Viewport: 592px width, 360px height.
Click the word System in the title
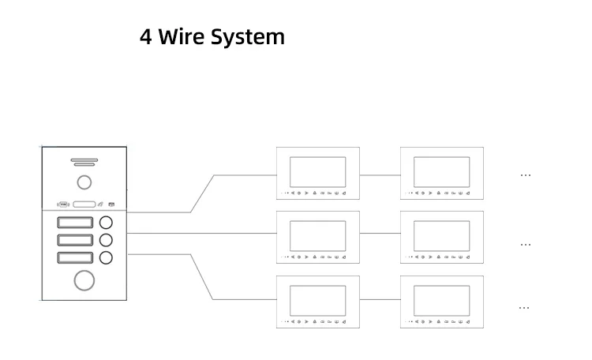click(x=248, y=37)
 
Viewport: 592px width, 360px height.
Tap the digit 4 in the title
click(x=146, y=36)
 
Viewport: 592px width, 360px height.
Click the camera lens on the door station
click(x=83, y=183)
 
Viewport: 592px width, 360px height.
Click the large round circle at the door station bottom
click(x=84, y=279)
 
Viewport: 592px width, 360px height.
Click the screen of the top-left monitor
click(x=317, y=171)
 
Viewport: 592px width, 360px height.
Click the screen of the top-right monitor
click(x=441, y=171)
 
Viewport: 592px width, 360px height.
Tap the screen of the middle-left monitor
click(x=317, y=235)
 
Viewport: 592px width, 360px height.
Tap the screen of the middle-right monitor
click(x=441, y=235)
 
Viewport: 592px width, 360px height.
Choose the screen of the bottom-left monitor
click(x=317, y=300)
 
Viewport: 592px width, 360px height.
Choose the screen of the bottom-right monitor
click(x=441, y=300)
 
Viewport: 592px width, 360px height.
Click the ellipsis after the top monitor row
click(x=526, y=175)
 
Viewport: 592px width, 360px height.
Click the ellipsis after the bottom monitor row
click(x=523, y=307)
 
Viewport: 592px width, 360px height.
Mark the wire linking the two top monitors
click(x=380, y=172)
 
